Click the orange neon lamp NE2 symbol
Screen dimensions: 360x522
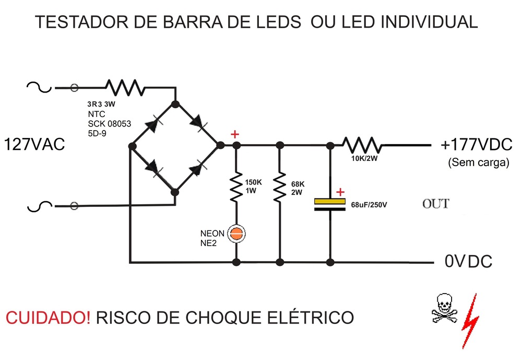237,234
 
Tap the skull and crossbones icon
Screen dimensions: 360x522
444,309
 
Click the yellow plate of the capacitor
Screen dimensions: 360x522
330,201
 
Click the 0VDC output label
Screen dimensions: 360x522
468,261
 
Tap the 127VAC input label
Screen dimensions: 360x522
34,144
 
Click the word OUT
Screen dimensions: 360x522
436,203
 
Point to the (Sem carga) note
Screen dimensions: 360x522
478,162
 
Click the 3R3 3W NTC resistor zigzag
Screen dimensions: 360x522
124,87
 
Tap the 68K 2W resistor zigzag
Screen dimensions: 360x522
280,186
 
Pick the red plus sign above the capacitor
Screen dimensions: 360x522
340,192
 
